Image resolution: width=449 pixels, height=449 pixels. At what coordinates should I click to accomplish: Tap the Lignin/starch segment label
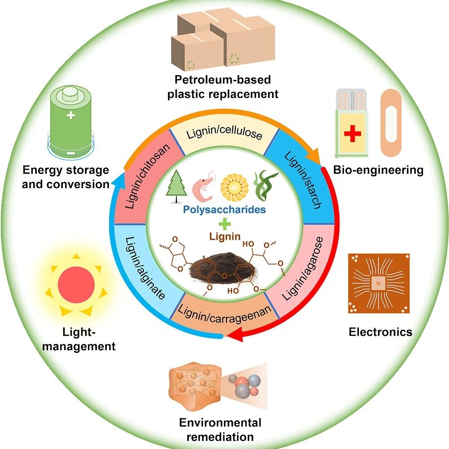(x=303, y=180)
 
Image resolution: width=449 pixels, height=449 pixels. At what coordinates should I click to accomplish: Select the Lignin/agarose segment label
(x=303, y=269)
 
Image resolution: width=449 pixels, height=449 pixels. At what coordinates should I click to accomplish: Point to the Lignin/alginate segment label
(x=145, y=268)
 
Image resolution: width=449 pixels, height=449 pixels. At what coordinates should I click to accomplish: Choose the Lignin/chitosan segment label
(x=147, y=176)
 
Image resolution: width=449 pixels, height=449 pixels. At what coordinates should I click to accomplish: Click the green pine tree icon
(x=176, y=186)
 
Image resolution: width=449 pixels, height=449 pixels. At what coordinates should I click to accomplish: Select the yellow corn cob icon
(x=234, y=188)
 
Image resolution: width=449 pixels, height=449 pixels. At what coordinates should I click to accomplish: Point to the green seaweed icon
(x=265, y=186)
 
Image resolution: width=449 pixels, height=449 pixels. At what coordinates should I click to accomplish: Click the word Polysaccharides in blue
(x=224, y=210)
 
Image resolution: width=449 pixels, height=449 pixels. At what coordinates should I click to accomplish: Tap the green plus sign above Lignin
(x=224, y=224)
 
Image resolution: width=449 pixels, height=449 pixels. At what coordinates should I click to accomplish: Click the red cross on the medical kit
(x=352, y=133)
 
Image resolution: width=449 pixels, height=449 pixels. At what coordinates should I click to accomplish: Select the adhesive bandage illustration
(x=391, y=123)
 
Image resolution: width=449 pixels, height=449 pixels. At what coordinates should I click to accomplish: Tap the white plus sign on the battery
(x=70, y=115)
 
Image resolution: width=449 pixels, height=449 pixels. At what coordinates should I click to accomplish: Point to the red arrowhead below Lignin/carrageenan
(x=238, y=335)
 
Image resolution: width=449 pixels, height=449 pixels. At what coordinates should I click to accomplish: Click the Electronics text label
(x=381, y=332)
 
